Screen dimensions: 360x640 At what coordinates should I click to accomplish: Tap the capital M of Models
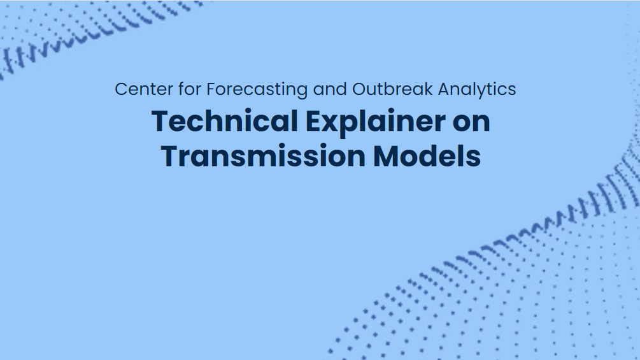tap(387, 156)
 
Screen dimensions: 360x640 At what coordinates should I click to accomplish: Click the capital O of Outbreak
tap(359, 89)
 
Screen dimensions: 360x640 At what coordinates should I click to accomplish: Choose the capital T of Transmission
tap(169, 156)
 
